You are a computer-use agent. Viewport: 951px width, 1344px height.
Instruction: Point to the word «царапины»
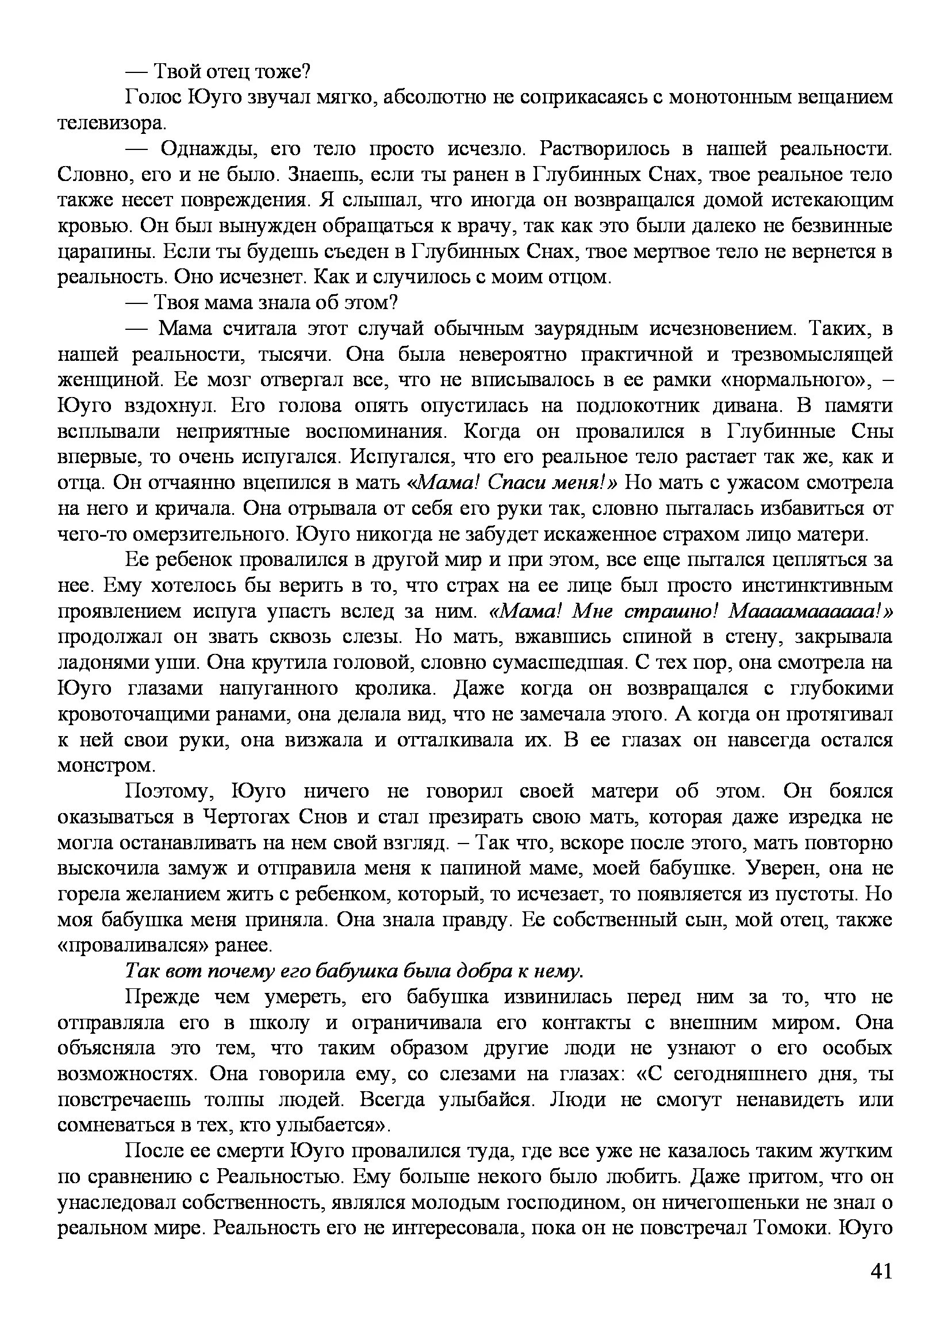point(105,252)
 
